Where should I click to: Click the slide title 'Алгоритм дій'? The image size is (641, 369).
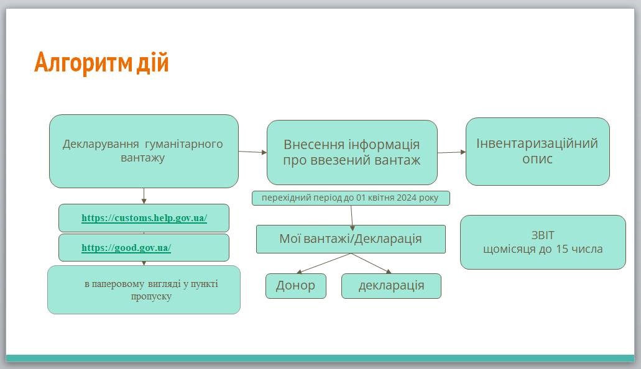[x=101, y=62]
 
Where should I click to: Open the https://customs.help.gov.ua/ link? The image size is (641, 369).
[x=144, y=218]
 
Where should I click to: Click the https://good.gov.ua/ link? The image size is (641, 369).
[x=126, y=248]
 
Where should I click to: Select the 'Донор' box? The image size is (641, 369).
[x=295, y=286]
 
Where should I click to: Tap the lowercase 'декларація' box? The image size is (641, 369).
[x=391, y=286]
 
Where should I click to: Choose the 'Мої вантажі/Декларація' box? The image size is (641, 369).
[x=351, y=239]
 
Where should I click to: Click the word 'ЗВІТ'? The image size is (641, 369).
[x=543, y=235]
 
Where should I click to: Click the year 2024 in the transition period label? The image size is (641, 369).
[x=407, y=198]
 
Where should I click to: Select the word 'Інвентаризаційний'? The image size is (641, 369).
[x=537, y=143]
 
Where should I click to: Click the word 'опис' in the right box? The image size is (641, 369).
[x=537, y=158]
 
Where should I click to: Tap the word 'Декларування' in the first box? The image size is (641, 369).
[x=101, y=144]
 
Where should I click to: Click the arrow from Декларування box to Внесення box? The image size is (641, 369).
[x=252, y=152]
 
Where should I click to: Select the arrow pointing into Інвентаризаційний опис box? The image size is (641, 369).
[x=452, y=152]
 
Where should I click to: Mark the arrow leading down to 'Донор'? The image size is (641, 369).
[x=323, y=263]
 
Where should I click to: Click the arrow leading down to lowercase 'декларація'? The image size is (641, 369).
[x=371, y=263]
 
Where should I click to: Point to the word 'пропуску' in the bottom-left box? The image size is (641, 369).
[x=151, y=297]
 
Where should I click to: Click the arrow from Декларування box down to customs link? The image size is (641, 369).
[x=144, y=196]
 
